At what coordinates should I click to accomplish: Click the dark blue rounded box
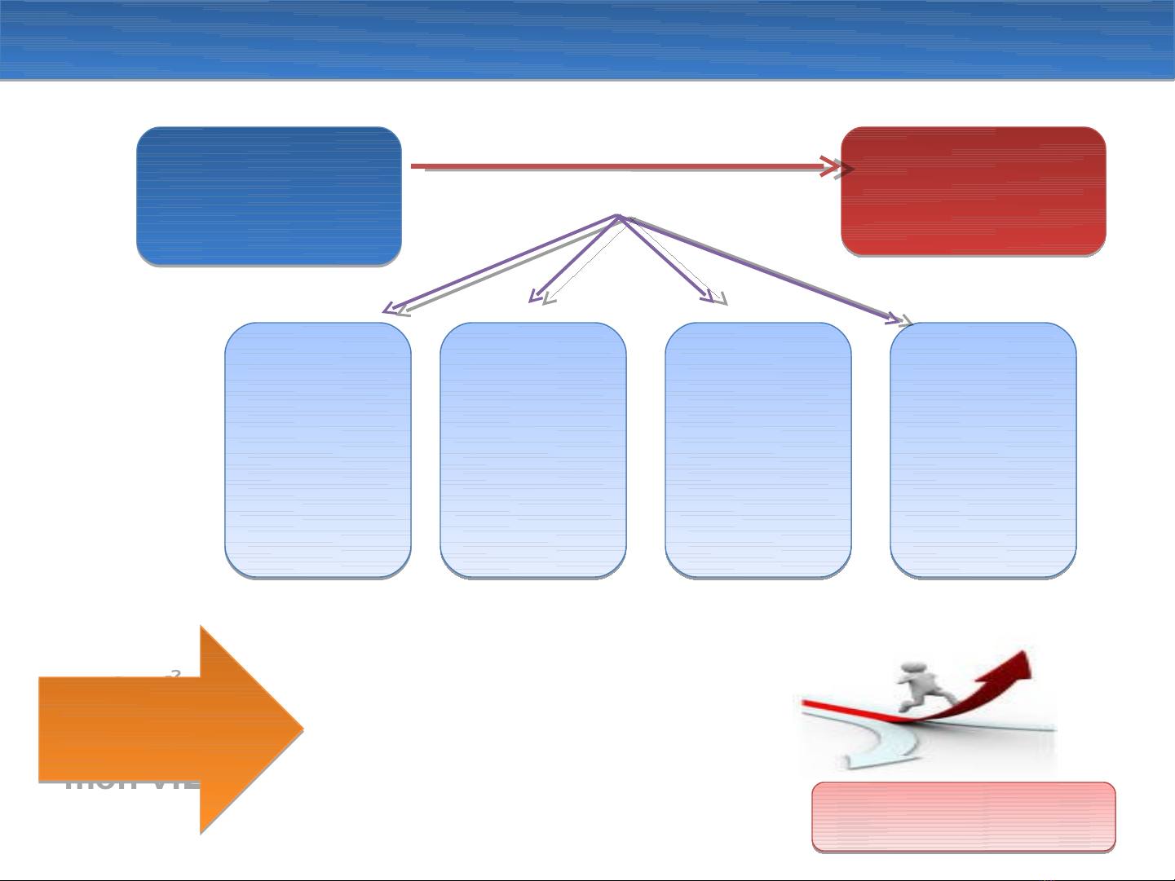tap(268, 196)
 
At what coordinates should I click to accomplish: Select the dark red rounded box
tap(973, 191)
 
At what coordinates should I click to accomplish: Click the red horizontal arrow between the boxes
tap(620, 167)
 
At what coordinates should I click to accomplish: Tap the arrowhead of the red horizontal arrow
tap(840, 167)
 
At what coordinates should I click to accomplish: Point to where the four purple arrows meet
tap(619, 217)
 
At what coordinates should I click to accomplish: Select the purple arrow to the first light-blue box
tap(501, 263)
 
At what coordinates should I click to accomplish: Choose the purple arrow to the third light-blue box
tap(665, 257)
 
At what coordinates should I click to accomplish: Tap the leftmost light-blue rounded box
tap(317, 450)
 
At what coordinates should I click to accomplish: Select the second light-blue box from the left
tap(532, 450)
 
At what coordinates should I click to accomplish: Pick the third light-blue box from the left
tap(758, 450)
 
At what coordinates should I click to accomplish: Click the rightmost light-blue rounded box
tap(983, 450)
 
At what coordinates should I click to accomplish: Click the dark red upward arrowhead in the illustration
tap(1015, 665)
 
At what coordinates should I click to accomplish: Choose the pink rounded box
tap(963, 817)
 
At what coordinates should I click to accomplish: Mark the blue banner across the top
tap(587, 39)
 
